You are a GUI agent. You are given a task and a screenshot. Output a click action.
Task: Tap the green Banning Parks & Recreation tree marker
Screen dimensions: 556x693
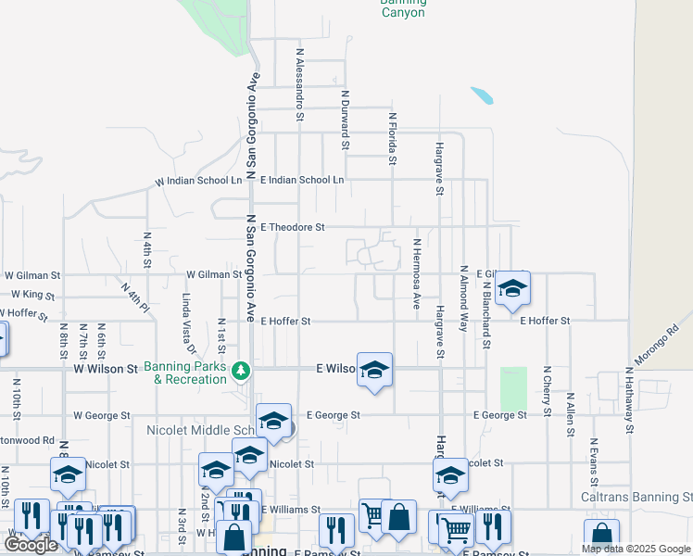[x=241, y=371]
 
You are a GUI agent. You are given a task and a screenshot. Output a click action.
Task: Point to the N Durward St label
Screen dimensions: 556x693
[x=345, y=120]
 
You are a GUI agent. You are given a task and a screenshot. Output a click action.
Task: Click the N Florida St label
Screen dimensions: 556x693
[x=393, y=139]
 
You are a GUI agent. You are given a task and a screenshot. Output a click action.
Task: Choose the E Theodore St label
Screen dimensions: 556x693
[x=293, y=226]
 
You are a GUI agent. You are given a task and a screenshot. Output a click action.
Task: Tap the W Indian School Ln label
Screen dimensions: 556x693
[x=198, y=181]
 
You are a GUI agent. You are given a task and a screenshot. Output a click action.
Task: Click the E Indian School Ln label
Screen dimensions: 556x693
[x=302, y=180]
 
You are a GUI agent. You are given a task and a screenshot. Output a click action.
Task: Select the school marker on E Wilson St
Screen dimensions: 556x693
[x=374, y=371]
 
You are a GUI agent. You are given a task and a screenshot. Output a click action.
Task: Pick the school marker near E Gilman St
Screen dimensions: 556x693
[x=512, y=288]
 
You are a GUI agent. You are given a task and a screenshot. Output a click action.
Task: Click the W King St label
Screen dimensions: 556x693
[x=33, y=295]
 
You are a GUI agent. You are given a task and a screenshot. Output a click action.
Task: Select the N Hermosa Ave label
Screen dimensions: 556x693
[x=417, y=274]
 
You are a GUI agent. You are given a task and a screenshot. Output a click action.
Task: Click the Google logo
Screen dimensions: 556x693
[x=31, y=545]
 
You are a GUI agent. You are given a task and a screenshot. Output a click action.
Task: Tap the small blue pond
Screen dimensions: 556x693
[x=482, y=95]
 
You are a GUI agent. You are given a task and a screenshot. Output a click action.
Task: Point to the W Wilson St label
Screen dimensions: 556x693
[x=105, y=369]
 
